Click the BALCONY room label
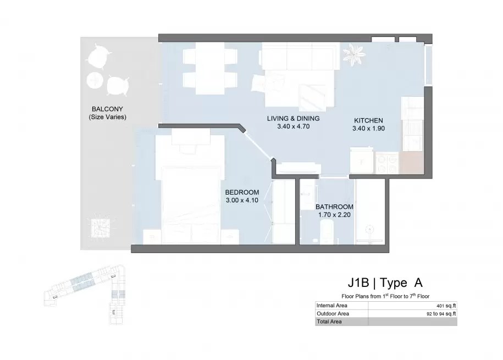click(107, 109)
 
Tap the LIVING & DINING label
click(293, 118)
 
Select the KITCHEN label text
click(368, 121)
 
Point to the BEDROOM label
click(242, 192)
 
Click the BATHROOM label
click(334, 207)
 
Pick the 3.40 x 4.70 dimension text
click(293, 126)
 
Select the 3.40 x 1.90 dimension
click(368, 129)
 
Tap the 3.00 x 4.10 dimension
click(242, 201)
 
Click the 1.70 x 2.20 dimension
click(334, 215)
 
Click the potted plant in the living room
click(354, 54)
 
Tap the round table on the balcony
click(95, 80)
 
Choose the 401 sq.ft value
click(446, 306)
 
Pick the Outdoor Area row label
click(333, 314)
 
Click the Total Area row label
click(329, 322)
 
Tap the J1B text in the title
click(358, 283)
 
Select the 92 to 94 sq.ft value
click(441, 314)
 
